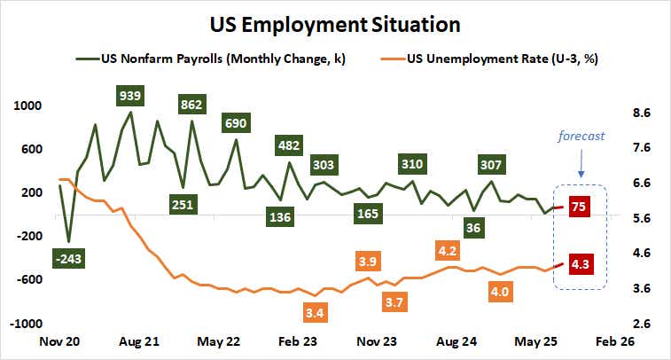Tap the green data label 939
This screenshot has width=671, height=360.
point(131,95)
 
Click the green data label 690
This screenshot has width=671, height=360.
point(237,123)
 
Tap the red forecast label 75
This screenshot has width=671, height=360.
point(578,206)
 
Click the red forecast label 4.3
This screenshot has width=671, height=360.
point(581,263)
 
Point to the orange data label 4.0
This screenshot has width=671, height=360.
point(501,291)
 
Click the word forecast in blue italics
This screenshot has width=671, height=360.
point(581,136)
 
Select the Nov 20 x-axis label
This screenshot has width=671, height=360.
point(59,341)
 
